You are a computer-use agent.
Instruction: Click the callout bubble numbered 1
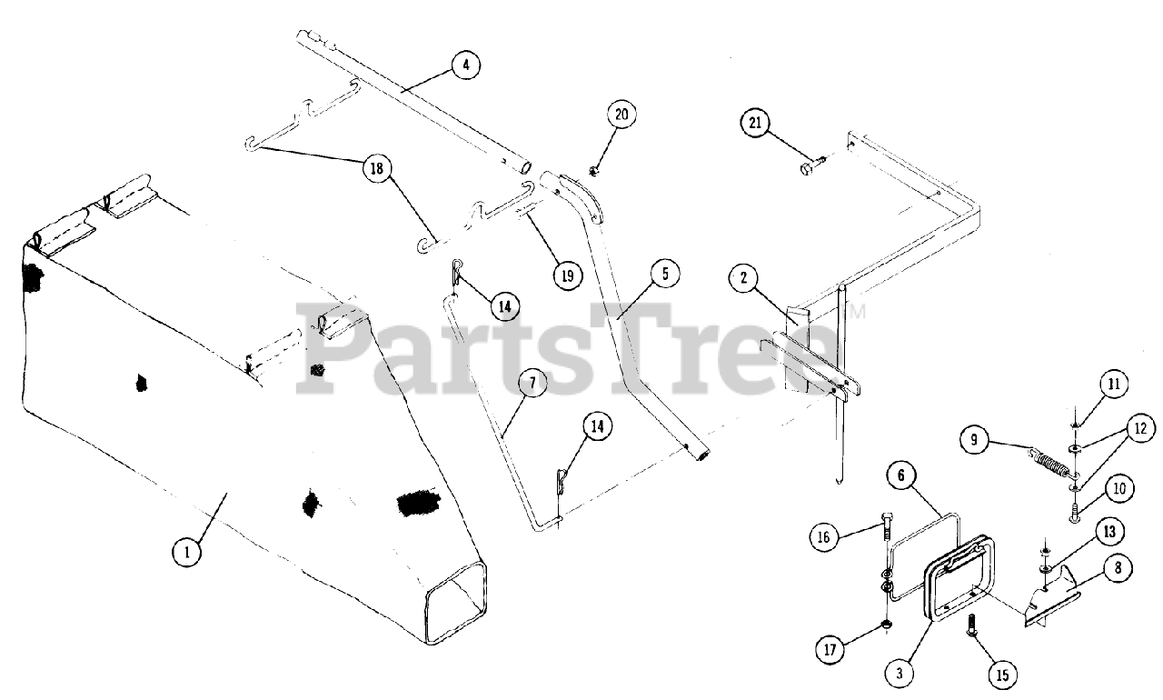pyautogui.click(x=186, y=552)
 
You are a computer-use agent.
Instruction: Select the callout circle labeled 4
pyautogui.click(x=464, y=65)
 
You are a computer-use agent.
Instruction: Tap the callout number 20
pyautogui.click(x=621, y=115)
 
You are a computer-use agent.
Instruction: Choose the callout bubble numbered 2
pyautogui.click(x=743, y=278)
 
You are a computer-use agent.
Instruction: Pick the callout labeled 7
pyautogui.click(x=532, y=384)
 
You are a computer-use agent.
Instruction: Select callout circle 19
pyautogui.click(x=567, y=275)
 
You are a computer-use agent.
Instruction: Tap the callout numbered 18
pyautogui.click(x=374, y=169)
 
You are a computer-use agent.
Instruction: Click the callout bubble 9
pyautogui.click(x=974, y=440)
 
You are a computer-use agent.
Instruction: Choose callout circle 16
pyautogui.click(x=824, y=538)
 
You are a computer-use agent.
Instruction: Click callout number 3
pyautogui.click(x=899, y=673)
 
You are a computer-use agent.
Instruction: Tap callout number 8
pyautogui.click(x=1116, y=568)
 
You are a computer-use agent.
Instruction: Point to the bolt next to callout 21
pyautogui.click(x=811, y=165)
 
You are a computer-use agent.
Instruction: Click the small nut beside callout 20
pyautogui.click(x=593, y=169)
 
